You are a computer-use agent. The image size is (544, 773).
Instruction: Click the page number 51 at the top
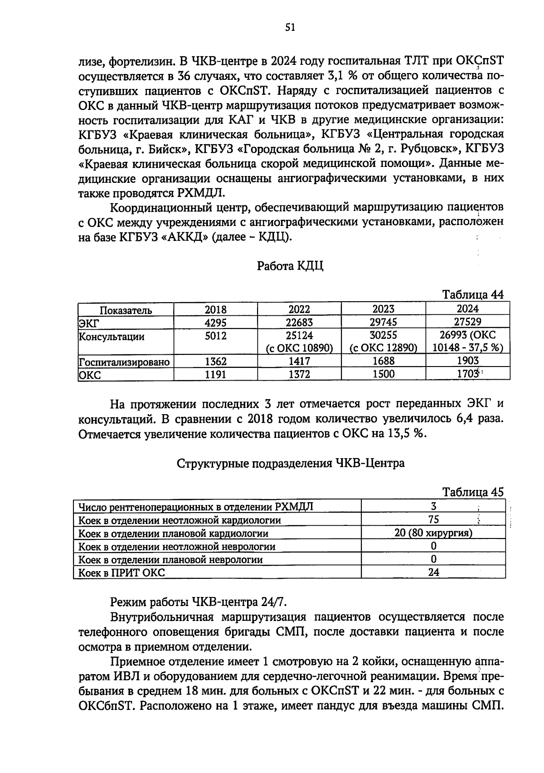[290, 28]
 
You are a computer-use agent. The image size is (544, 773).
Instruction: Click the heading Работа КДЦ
[290, 266]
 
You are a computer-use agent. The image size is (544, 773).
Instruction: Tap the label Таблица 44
[473, 294]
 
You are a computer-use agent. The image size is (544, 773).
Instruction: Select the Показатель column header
[126, 310]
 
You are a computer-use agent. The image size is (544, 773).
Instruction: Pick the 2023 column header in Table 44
[383, 309]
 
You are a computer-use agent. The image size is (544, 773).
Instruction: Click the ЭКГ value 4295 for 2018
[215, 323]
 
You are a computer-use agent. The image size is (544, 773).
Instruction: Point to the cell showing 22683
[299, 323]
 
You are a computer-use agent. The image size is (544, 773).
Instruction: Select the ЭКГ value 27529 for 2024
[467, 322]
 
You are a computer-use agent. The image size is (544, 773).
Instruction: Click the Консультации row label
[112, 337]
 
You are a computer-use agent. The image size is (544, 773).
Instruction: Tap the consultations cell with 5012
[215, 336]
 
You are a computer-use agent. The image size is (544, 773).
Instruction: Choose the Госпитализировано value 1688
[383, 362]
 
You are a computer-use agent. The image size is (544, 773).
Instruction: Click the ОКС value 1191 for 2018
[215, 375]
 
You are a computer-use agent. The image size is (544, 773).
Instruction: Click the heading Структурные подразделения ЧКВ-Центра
[290, 464]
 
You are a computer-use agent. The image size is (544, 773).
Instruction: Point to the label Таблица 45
[473, 492]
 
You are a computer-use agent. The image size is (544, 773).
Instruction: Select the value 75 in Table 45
[433, 519]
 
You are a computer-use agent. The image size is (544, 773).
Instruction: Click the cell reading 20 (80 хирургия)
[433, 533]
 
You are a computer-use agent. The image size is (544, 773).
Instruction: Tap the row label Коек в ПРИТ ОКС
[121, 572]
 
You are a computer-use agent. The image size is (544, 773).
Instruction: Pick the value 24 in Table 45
[433, 572]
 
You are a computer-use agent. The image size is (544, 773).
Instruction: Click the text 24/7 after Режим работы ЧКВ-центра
[274, 602]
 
